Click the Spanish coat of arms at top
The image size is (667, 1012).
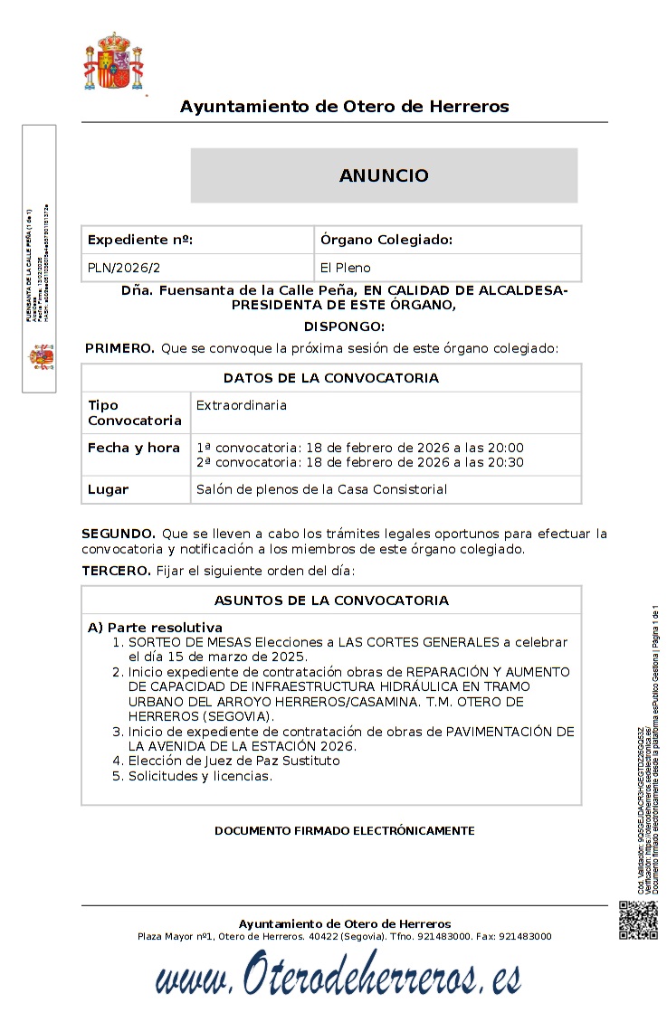point(114,63)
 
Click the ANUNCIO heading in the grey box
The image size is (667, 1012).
point(384,175)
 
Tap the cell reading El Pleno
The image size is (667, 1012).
point(346,268)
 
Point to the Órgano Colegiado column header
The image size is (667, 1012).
point(386,240)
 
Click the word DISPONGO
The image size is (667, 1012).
point(344,326)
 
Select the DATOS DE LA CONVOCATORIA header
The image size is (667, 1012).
point(331,378)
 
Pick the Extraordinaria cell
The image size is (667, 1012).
point(242,405)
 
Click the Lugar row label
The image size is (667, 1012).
point(108,489)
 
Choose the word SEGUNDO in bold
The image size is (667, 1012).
point(119,534)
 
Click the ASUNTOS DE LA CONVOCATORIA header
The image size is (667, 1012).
point(331,601)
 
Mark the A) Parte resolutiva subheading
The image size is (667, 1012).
point(155,627)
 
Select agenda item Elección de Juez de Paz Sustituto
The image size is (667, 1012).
point(233,761)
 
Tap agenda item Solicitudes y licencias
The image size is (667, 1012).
point(200,776)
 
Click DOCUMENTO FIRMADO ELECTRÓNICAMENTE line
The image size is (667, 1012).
point(344,830)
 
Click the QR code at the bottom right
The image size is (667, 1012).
point(638,921)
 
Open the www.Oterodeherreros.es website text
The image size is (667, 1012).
point(338,978)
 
